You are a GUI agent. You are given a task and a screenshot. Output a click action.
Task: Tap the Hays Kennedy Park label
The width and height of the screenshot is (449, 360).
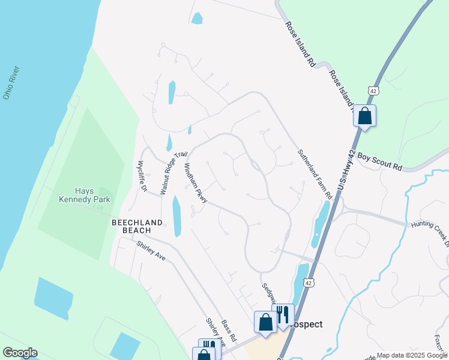click(84, 194)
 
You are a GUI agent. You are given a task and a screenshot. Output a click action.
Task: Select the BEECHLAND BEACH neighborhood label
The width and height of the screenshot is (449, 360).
click(137, 226)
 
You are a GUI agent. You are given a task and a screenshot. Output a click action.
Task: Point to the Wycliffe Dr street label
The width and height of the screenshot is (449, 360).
click(142, 175)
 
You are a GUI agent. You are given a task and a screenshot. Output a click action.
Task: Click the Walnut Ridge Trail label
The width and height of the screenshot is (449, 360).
click(170, 173)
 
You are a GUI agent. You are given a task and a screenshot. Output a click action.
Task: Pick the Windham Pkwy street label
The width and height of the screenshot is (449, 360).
click(196, 183)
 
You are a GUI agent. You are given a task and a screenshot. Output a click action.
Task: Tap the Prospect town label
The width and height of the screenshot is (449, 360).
click(306, 324)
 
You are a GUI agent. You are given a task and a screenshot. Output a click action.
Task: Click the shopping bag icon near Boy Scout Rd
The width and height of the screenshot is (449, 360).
click(364, 115)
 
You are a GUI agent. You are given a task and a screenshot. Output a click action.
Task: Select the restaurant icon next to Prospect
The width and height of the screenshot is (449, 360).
click(283, 314)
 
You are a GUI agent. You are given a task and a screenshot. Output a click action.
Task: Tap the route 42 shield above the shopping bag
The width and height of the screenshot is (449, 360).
click(374, 91)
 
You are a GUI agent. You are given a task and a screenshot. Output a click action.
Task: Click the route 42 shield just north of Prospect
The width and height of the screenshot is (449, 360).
click(307, 282)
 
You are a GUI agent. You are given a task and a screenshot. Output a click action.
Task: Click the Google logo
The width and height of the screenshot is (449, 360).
click(20, 353)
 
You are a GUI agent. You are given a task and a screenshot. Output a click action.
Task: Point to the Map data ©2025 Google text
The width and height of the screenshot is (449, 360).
click(411, 355)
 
